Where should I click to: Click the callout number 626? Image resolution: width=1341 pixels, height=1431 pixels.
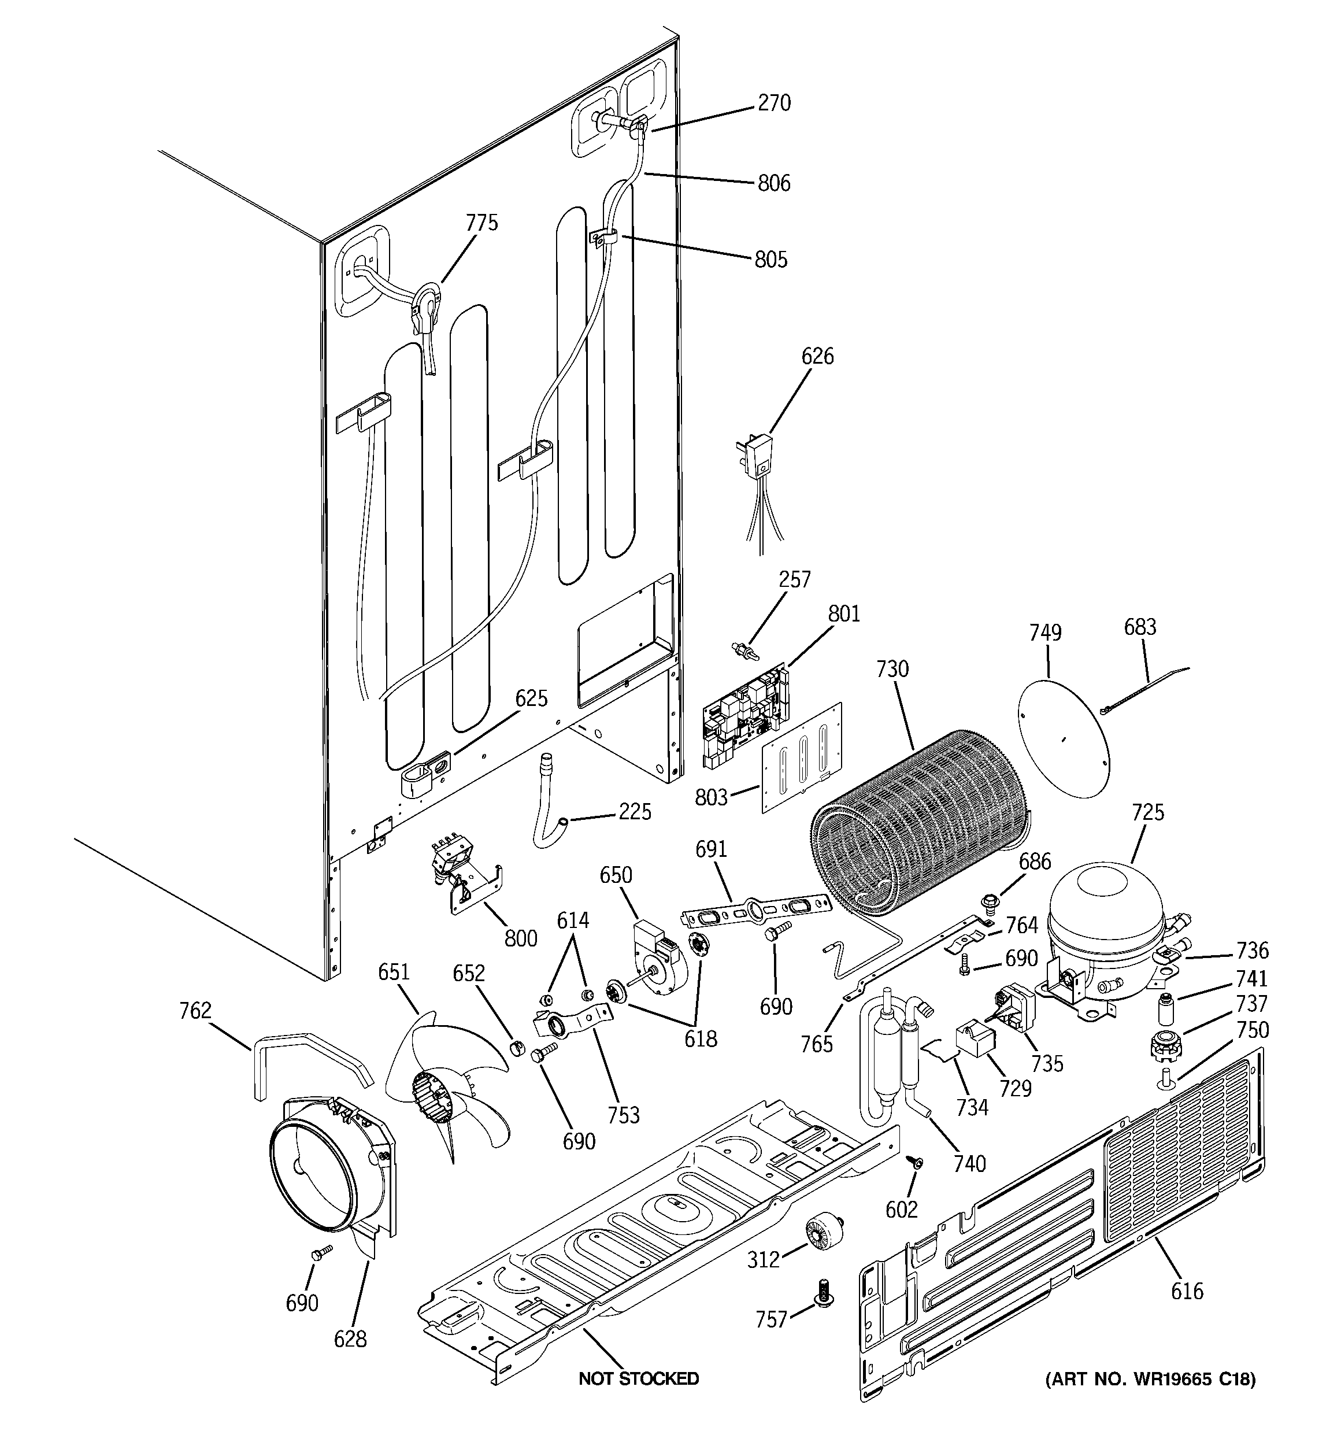point(817,356)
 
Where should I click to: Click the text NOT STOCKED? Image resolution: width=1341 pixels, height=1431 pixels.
point(639,1378)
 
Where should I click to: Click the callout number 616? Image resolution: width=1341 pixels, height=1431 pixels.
point(1186,1291)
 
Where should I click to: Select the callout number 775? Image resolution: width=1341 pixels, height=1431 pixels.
point(481,223)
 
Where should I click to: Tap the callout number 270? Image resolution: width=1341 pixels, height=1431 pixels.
point(774,103)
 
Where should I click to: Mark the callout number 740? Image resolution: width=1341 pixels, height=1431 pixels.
point(969,1164)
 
